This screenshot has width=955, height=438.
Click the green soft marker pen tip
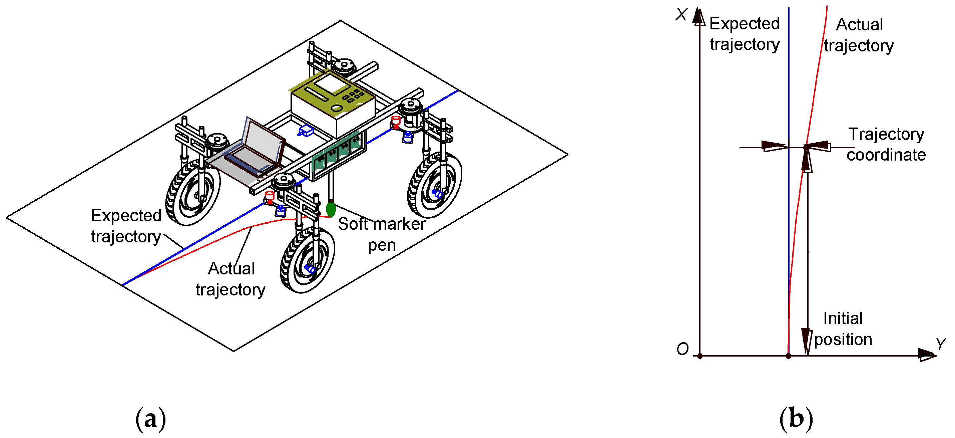[x=330, y=209]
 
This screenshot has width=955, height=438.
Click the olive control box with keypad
[x=332, y=102]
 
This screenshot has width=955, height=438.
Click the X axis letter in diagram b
[x=681, y=15]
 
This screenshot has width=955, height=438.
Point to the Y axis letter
[x=941, y=344]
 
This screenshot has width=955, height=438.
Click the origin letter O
[x=682, y=349]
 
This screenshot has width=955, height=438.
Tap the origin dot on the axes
[x=700, y=356]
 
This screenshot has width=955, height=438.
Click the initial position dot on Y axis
[x=789, y=356]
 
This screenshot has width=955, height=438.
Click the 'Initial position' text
[x=843, y=329]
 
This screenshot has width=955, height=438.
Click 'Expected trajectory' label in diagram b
[x=745, y=34]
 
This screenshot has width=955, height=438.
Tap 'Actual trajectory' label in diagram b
[x=859, y=35]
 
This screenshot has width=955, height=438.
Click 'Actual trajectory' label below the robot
[x=230, y=279]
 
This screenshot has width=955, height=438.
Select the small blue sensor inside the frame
[x=306, y=131]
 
